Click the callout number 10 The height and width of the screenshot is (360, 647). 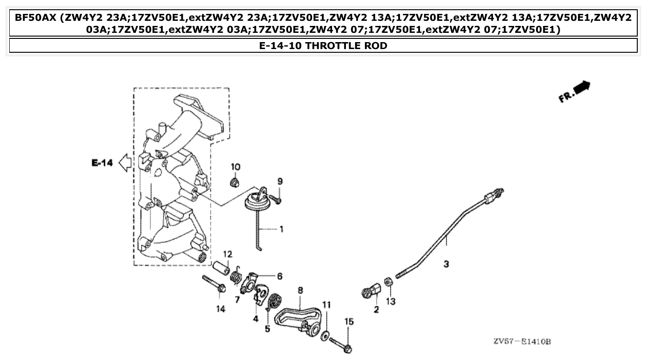click(x=236, y=167)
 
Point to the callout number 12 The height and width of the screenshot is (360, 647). click(x=227, y=254)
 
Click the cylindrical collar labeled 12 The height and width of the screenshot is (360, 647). click(x=221, y=268)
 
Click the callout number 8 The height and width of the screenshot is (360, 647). click(x=301, y=290)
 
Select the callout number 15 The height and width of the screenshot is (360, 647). click(x=348, y=321)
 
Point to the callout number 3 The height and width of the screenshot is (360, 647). click(x=446, y=264)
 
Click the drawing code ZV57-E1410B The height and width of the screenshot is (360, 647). click(x=522, y=342)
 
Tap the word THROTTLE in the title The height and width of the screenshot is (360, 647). click(x=329, y=45)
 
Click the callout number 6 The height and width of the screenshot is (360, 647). click(x=280, y=276)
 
